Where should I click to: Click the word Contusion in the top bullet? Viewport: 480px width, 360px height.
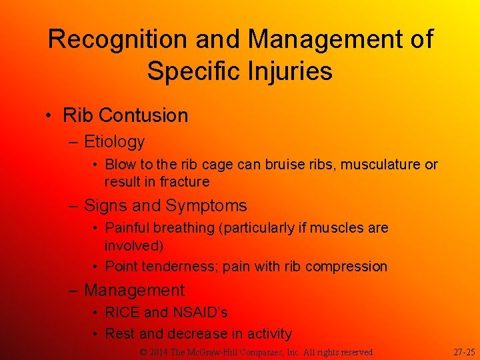click(x=144, y=115)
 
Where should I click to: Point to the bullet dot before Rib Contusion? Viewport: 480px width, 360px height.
click(x=51, y=115)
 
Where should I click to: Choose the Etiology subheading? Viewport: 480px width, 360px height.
click(x=114, y=142)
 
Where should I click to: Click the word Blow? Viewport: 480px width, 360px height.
click(x=120, y=164)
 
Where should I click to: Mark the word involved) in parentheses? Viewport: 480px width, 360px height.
click(x=134, y=246)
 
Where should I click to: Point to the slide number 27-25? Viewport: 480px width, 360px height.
click(x=464, y=351)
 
